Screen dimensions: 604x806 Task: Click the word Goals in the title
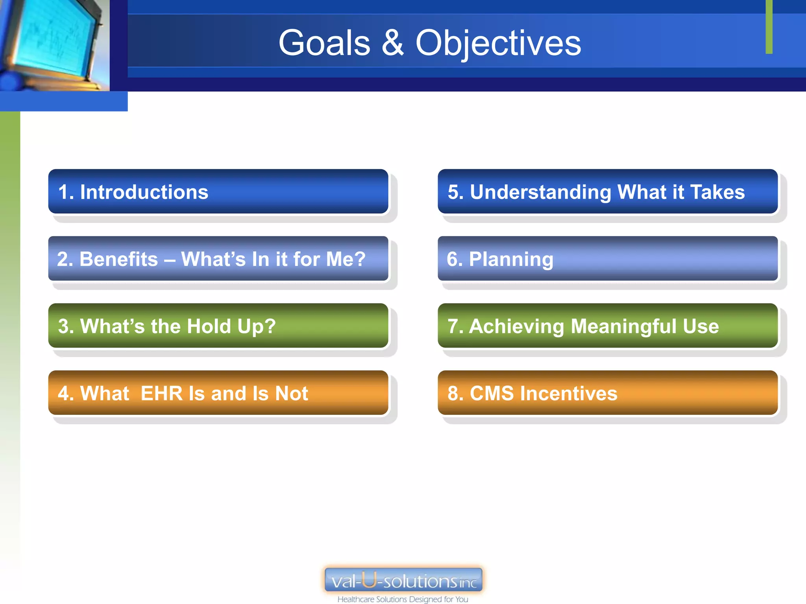click(x=324, y=43)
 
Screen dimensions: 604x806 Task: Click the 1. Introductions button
click(x=218, y=192)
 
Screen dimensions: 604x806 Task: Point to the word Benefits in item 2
click(x=118, y=259)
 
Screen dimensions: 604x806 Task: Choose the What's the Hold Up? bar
click(x=218, y=326)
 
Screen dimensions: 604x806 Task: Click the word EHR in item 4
click(x=161, y=393)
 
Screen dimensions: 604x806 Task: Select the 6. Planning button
click(x=607, y=259)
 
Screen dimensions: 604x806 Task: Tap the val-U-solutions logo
click(x=403, y=580)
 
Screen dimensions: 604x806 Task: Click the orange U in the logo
click(x=369, y=580)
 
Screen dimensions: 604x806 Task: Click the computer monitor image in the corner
click(x=53, y=43)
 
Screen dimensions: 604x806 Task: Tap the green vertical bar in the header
click(x=769, y=27)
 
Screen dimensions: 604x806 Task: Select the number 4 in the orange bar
click(x=63, y=393)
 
